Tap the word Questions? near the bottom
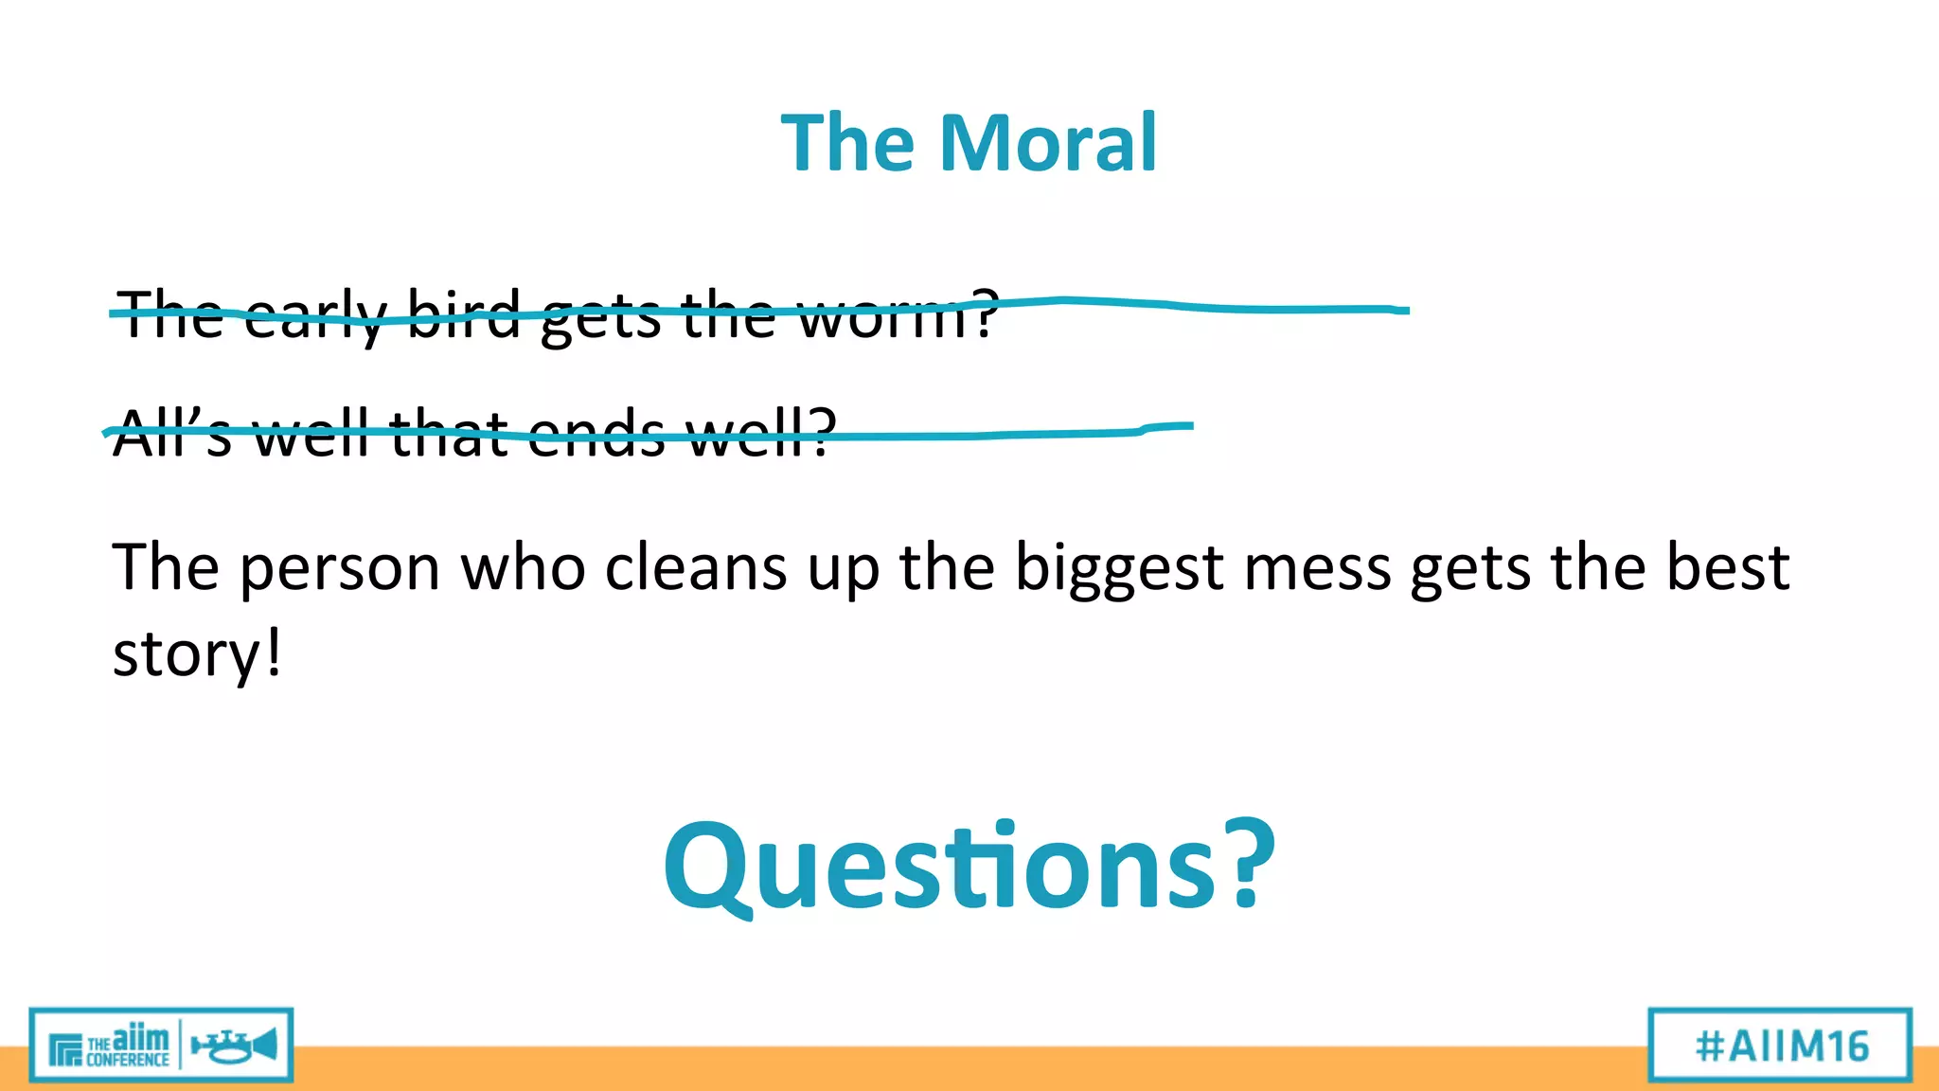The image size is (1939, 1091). [969, 867]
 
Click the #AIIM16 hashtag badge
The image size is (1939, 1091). [1781, 1046]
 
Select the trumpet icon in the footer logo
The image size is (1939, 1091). [234, 1046]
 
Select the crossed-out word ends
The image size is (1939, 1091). [596, 433]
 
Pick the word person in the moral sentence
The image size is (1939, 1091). [340, 568]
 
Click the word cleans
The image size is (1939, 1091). [696, 568]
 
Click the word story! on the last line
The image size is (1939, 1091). [197, 653]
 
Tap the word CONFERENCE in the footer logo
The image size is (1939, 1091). [127, 1060]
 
